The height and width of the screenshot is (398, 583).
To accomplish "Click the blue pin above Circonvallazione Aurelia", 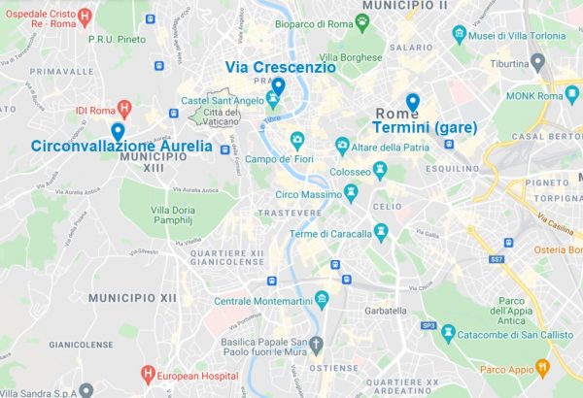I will (118, 131).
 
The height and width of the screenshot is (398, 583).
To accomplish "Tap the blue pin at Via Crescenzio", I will (278, 86).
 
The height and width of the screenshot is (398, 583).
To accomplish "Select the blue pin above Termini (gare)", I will (413, 102).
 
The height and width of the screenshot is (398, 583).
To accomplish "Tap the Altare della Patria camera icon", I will (342, 147).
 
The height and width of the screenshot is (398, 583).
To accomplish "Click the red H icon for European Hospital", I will (148, 373).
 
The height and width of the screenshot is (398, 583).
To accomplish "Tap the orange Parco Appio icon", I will (541, 367).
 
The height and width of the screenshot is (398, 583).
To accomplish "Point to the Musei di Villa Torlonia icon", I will (459, 37).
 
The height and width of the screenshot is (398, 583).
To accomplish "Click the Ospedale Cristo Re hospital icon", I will (85, 15).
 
